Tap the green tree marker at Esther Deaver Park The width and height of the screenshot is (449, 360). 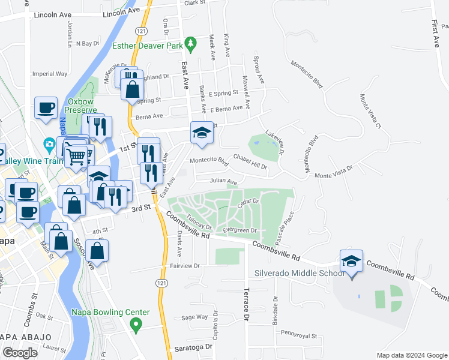click(191, 43)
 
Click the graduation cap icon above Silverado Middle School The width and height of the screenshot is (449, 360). click(351, 261)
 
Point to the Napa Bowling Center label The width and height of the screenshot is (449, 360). click(110, 313)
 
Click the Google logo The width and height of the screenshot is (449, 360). click(20, 352)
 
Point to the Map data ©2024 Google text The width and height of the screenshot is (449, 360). click(411, 355)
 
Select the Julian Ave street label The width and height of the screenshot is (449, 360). click(223, 181)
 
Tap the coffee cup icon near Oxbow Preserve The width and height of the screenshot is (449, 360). click(46, 109)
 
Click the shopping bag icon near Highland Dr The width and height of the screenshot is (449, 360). click(133, 89)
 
